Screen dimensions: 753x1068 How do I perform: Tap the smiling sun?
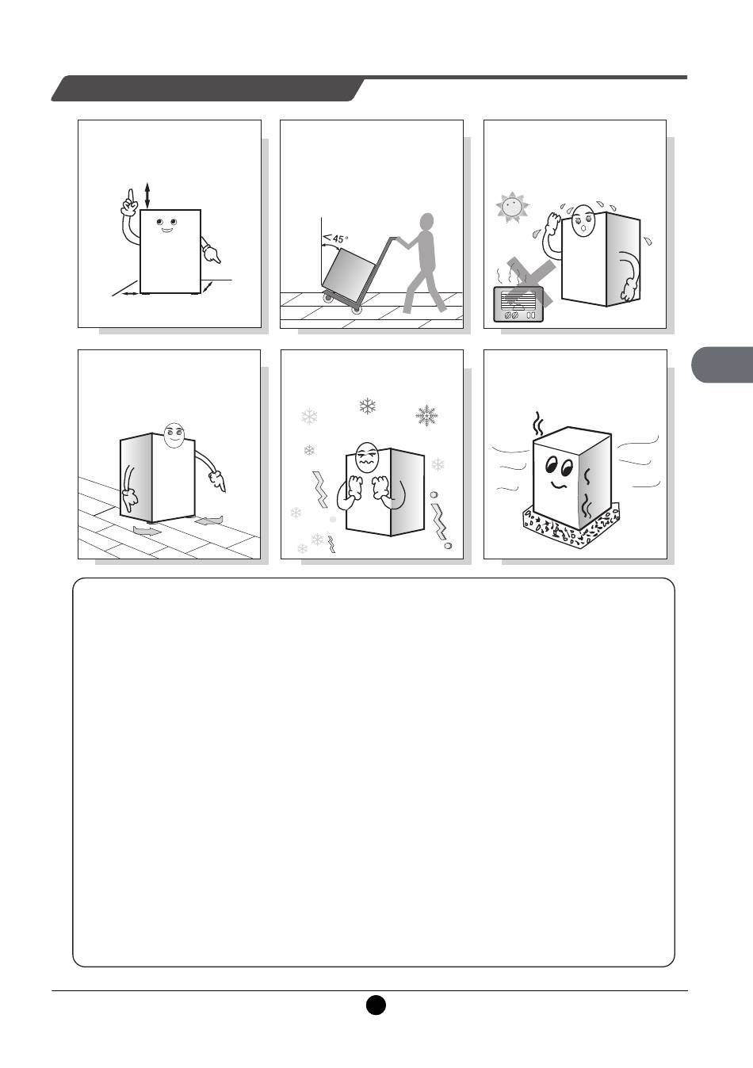tap(512, 207)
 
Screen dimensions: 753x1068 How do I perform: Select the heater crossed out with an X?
tap(518, 303)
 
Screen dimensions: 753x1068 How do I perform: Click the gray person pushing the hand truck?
tap(422, 263)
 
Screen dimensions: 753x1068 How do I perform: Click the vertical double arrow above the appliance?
tap(147, 196)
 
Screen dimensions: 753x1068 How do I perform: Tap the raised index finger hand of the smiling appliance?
tap(130, 203)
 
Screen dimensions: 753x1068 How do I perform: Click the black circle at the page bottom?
tap(376, 1005)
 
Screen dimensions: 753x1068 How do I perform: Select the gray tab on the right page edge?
tap(722, 365)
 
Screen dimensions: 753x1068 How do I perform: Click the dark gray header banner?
tap(208, 88)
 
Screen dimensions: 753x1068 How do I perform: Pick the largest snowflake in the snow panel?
tap(426, 415)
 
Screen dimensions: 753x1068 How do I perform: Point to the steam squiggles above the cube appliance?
tap(539, 424)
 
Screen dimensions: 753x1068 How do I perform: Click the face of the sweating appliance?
tap(583, 221)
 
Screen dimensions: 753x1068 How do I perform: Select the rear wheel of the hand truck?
tap(329, 298)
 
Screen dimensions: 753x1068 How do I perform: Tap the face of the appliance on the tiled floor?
tap(174, 435)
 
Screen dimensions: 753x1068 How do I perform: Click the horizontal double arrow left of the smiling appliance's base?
tap(130, 294)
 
